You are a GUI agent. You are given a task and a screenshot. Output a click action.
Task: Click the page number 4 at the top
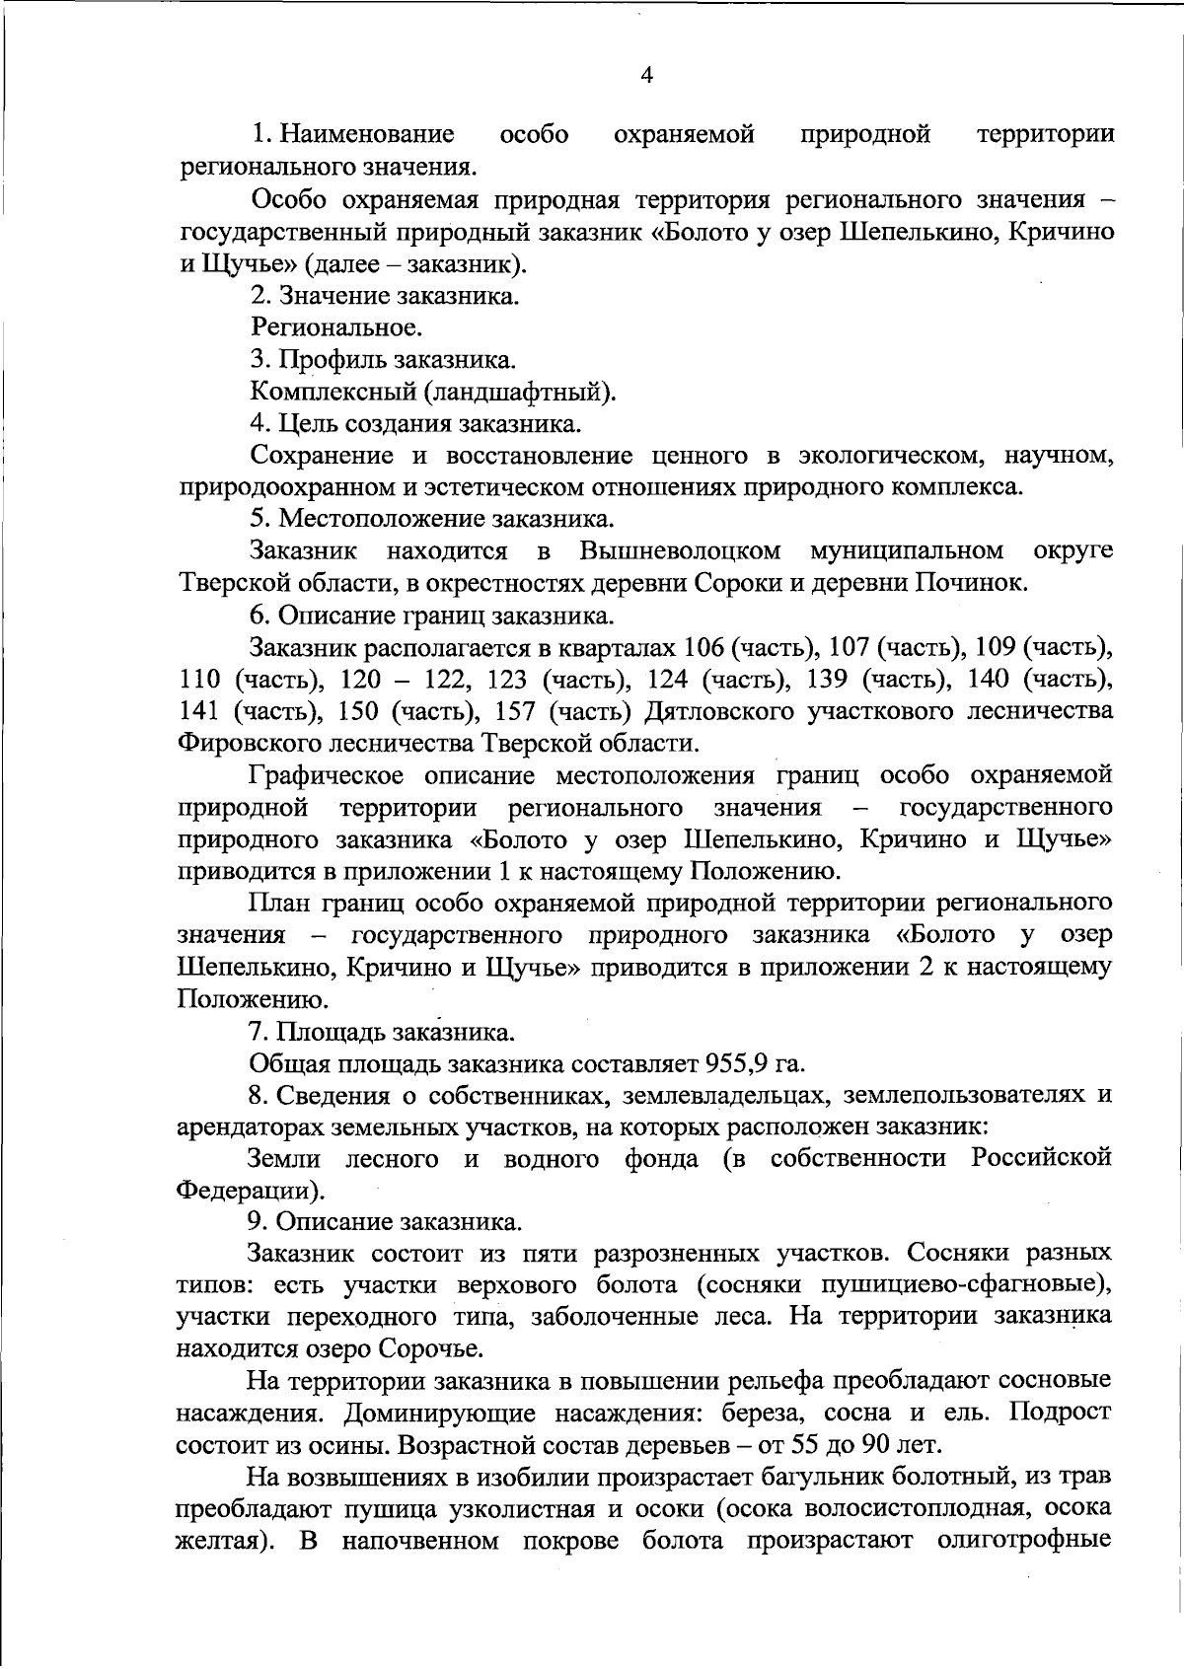[x=647, y=77]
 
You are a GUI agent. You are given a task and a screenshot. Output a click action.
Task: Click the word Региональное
[x=336, y=327]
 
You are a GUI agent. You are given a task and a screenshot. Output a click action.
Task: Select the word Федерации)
[x=250, y=1190]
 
